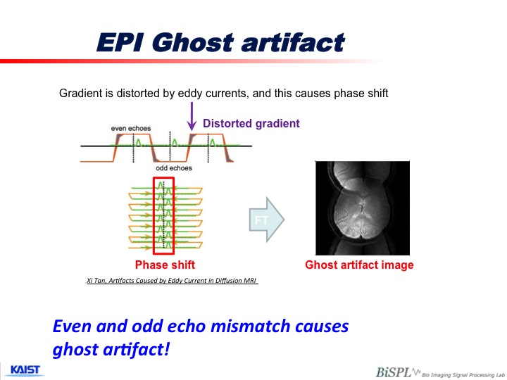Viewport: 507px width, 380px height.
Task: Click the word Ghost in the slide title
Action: [x=193, y=43]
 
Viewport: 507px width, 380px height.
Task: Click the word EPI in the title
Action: [x=120, y=43]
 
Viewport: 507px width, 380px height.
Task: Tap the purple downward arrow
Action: [x=192, y=116]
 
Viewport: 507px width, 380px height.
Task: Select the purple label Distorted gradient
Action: [x=251, y=123]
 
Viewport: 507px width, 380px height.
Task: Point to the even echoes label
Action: [x=131, y=128]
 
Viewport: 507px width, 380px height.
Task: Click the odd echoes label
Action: [x=174, y=168]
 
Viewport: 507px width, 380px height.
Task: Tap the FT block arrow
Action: [x=267, y=220]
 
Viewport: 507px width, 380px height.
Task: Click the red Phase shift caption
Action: [x=165, y=265]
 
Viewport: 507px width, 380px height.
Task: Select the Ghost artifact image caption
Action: [x=359, y=265]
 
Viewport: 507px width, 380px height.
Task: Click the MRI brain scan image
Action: [x=363, y=208]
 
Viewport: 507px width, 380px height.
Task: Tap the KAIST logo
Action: [x=25, y=370]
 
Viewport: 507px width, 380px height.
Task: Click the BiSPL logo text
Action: [x=394, y=372]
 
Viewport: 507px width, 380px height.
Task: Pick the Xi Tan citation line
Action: [x=172, y=281]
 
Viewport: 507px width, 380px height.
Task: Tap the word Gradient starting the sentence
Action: [x=80, y=94]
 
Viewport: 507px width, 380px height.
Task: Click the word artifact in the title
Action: [x=293, y=43]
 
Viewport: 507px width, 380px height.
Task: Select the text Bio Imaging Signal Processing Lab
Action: [x=463, y=375]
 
